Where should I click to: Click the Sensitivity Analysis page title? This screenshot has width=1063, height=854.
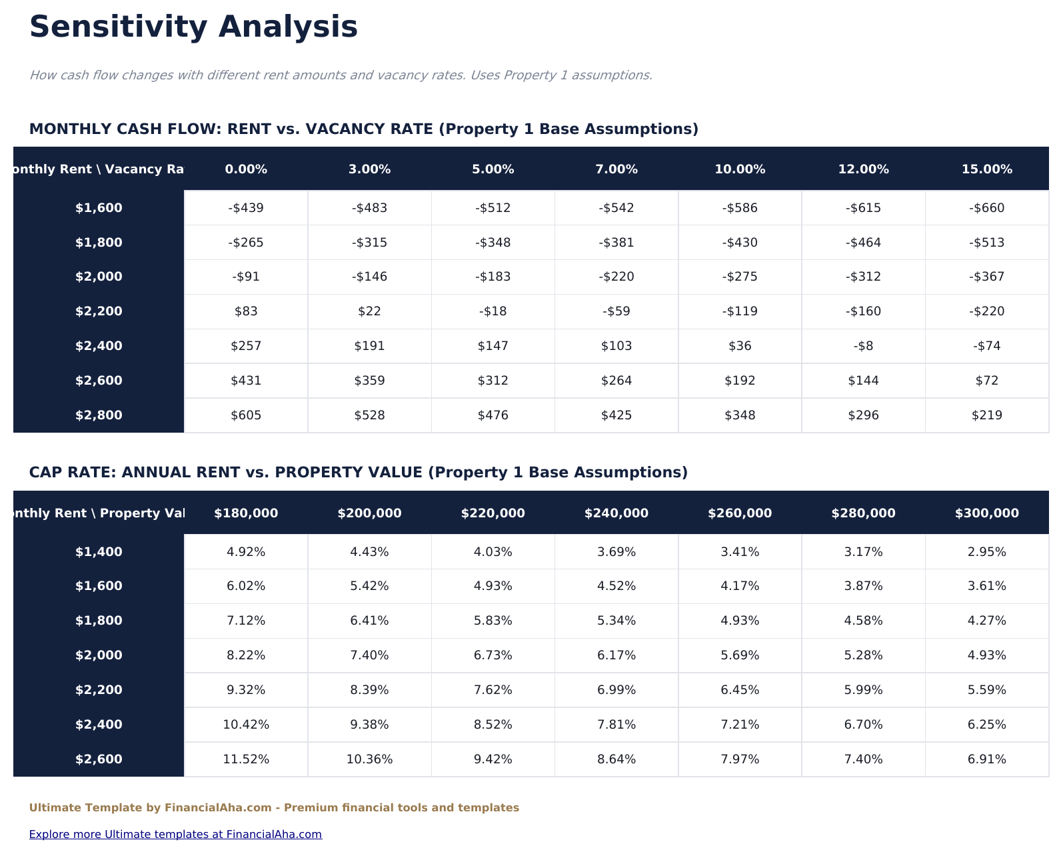pyautogui.click(x=193, y=28)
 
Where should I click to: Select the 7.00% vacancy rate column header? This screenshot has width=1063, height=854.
pyautogui.click(x=616, y=169)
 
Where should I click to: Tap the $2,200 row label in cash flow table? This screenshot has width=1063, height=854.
pyautogui.click(x=99, y=311)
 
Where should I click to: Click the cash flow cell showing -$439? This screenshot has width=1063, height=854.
pyautogui.click(x=246, y=208)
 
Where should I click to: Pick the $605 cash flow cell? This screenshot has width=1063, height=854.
pyautogui.click(x=246, y=415)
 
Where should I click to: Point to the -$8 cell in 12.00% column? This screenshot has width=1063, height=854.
pyautogui.click(x=863, y=346)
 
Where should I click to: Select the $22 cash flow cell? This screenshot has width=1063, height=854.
pyautogui.click(x=369, y=311)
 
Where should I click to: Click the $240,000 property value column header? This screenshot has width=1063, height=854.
pyautogui.click(x=616, y=513)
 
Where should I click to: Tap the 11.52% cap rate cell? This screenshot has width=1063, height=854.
pyautogui.click(x=246, y=759)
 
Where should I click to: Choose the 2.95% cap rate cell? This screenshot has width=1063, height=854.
pyautogui.click(x=986, y=552)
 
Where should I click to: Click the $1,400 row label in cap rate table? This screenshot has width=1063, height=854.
pyautogui.click(x=99, y=552)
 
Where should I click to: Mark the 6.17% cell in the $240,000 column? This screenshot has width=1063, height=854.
pyautogui.click(x=616, y=655)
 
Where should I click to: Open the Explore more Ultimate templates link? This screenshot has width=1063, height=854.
pyautogui.click(x=175, y=834)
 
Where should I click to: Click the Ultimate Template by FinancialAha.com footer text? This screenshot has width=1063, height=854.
pyautogui.click(x=274, y=808)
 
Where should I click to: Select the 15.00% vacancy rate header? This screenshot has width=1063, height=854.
pyautogui.click(x=986, y=169)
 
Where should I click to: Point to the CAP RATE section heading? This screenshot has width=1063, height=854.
pyautogui.click(x=358, y=473)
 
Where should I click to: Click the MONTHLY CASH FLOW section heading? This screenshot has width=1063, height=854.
pyautogui.click(x=363, y=129)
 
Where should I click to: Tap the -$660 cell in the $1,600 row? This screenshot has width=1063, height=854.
pyautogui.click(x=986, y=208)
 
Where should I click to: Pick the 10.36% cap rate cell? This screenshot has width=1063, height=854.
pyautogui.click(x=369, y=759)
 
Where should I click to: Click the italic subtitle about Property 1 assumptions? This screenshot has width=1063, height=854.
pyautogui.click(x=341, y=75)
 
